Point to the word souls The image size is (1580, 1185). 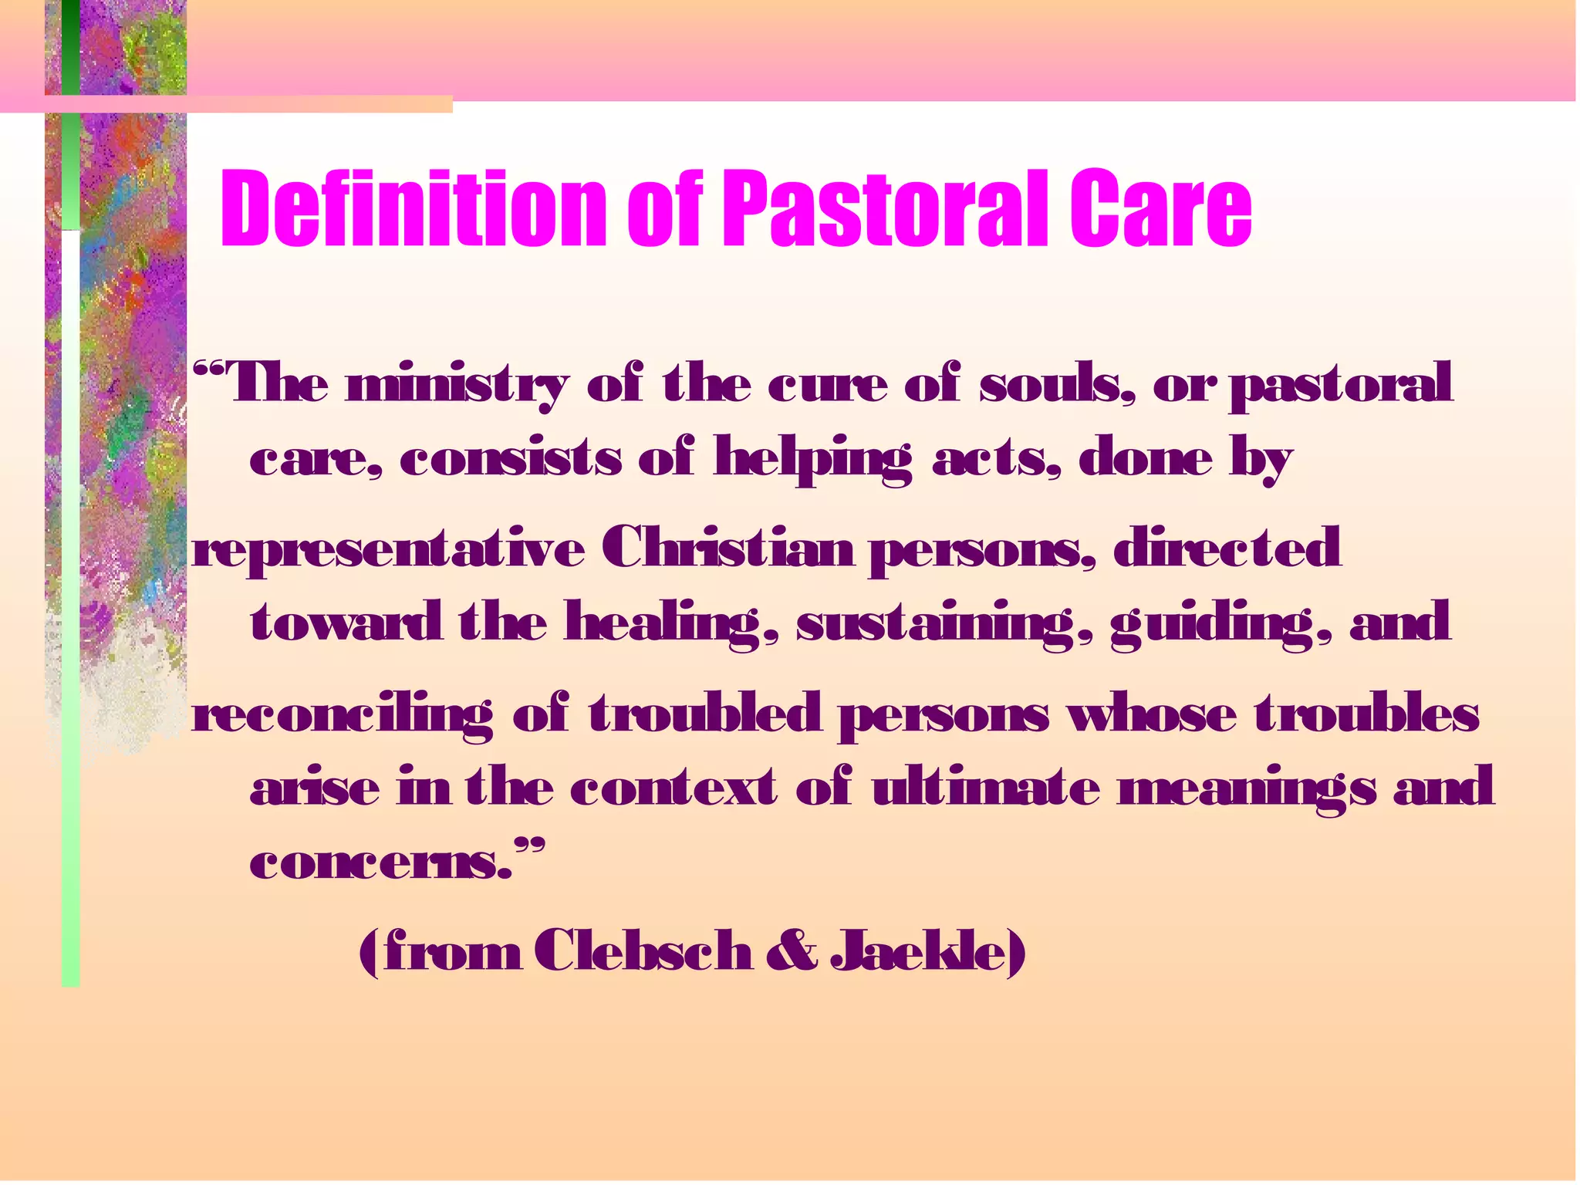coord(1057,383)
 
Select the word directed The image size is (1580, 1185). coord(1227,547)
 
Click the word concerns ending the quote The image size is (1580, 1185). coord(382,863)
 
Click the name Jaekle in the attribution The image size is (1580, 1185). coord(926,950)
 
